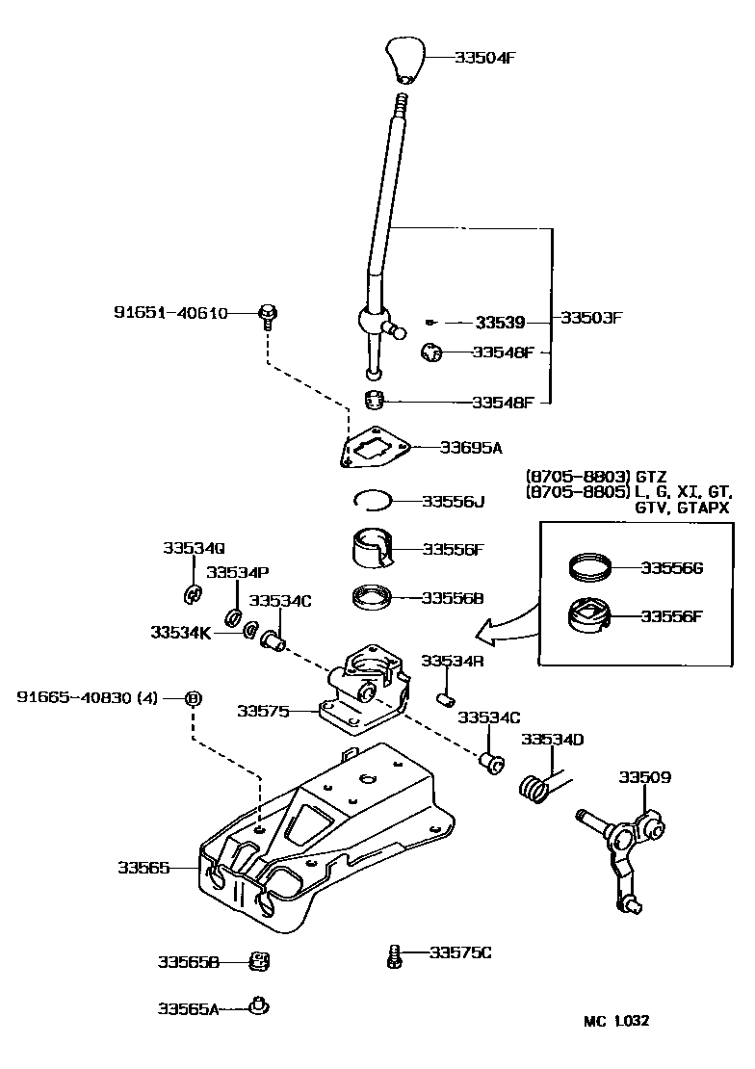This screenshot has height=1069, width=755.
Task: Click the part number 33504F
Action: coord(485,57)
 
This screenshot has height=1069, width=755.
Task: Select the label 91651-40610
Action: coord(170,313)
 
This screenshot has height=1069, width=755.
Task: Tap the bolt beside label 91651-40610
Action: coord(268,314)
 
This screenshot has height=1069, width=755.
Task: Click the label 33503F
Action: coord(592,318)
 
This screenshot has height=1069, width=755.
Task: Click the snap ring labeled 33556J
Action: coord(370,499)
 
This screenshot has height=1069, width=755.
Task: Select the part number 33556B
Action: coord(452,598)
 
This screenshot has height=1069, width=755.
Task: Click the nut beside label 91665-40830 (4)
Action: coord(192,697)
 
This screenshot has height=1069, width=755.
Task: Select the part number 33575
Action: coord(264,711)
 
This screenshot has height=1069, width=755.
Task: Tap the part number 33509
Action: coord(644,777)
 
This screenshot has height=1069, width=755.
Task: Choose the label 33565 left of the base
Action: coord(144,868)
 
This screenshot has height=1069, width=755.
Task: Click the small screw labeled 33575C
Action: coord(394,955)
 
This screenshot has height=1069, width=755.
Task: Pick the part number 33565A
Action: coord(189,1008)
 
